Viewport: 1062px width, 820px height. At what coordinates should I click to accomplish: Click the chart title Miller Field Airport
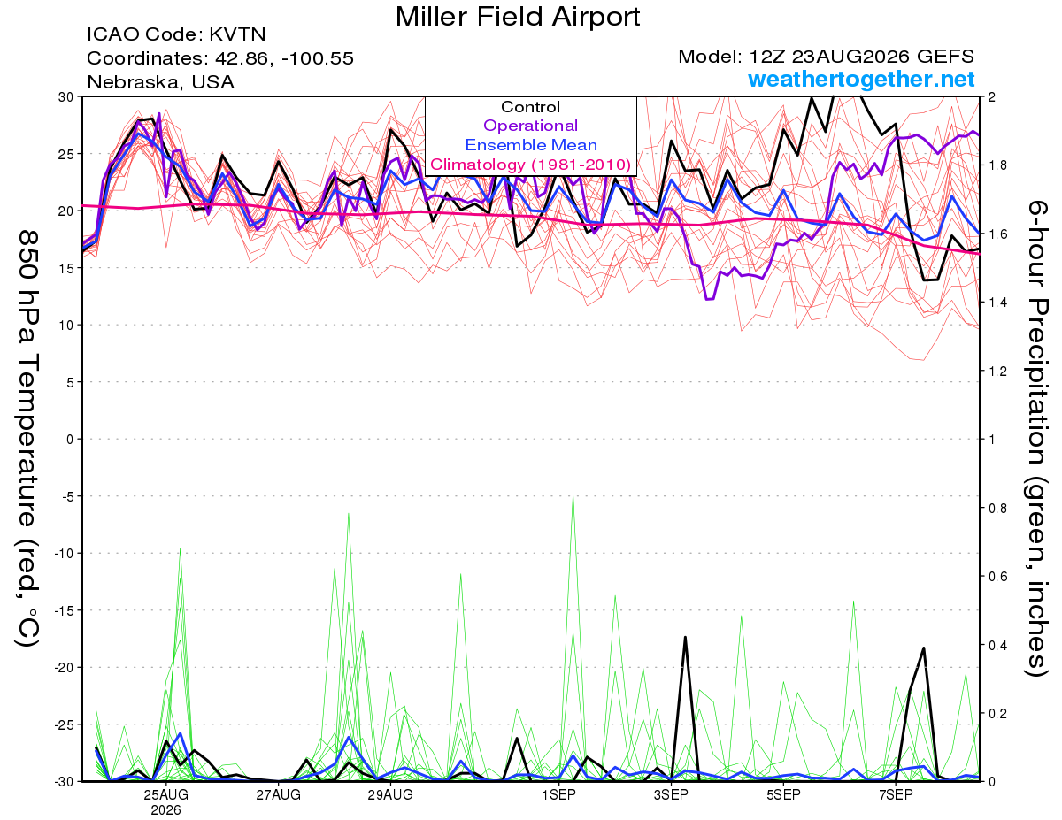click(517, 17)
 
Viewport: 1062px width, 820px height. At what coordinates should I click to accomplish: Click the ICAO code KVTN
click(237, 34)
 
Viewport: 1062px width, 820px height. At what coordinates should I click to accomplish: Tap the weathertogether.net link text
click(861, 79)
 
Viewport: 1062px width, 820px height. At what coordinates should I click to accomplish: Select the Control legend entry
click(530, 107)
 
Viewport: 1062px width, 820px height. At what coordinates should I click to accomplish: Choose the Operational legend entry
click(530, 126)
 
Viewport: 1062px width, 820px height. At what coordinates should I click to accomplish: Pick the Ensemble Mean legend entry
click(531, 145)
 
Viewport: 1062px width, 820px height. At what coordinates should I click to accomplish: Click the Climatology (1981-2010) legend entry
click(531, 165)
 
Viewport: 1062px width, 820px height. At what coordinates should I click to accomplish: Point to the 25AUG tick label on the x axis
click(165, 794)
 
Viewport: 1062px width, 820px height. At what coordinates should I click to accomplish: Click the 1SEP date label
click(558, 794)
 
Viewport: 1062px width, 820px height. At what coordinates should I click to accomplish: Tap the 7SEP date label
click(896, 794)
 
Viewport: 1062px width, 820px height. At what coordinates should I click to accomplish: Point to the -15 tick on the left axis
click(65, 610)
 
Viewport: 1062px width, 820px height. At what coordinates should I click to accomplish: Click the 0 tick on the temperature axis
click(70, 439)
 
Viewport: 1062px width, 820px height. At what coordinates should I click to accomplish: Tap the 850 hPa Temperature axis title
click(27, 440)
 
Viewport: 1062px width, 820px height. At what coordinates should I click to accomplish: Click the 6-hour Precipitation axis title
click(1037, 438)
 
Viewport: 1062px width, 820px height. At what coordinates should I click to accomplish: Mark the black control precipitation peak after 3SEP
click(685, 637)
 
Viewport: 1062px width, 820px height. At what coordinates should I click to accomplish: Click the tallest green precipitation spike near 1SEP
click(573, 494)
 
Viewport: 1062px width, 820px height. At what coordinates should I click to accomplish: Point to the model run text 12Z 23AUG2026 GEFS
click(862, 57)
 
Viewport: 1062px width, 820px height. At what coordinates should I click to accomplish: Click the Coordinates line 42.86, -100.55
click(284, 58)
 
